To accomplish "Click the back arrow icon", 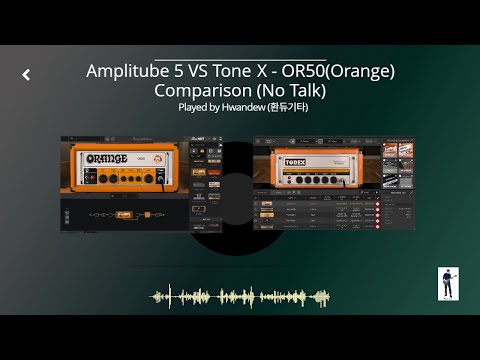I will point(26,74).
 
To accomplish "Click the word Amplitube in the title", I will point(128,72).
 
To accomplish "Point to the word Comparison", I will point(204,90).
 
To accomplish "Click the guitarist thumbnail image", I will point(448,283).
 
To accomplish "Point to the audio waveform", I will point(240,297).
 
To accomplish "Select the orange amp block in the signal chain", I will point(124,214).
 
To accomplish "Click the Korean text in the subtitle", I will point(289,106).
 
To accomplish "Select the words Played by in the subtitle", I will point(199,106).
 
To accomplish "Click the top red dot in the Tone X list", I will point(377,201).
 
